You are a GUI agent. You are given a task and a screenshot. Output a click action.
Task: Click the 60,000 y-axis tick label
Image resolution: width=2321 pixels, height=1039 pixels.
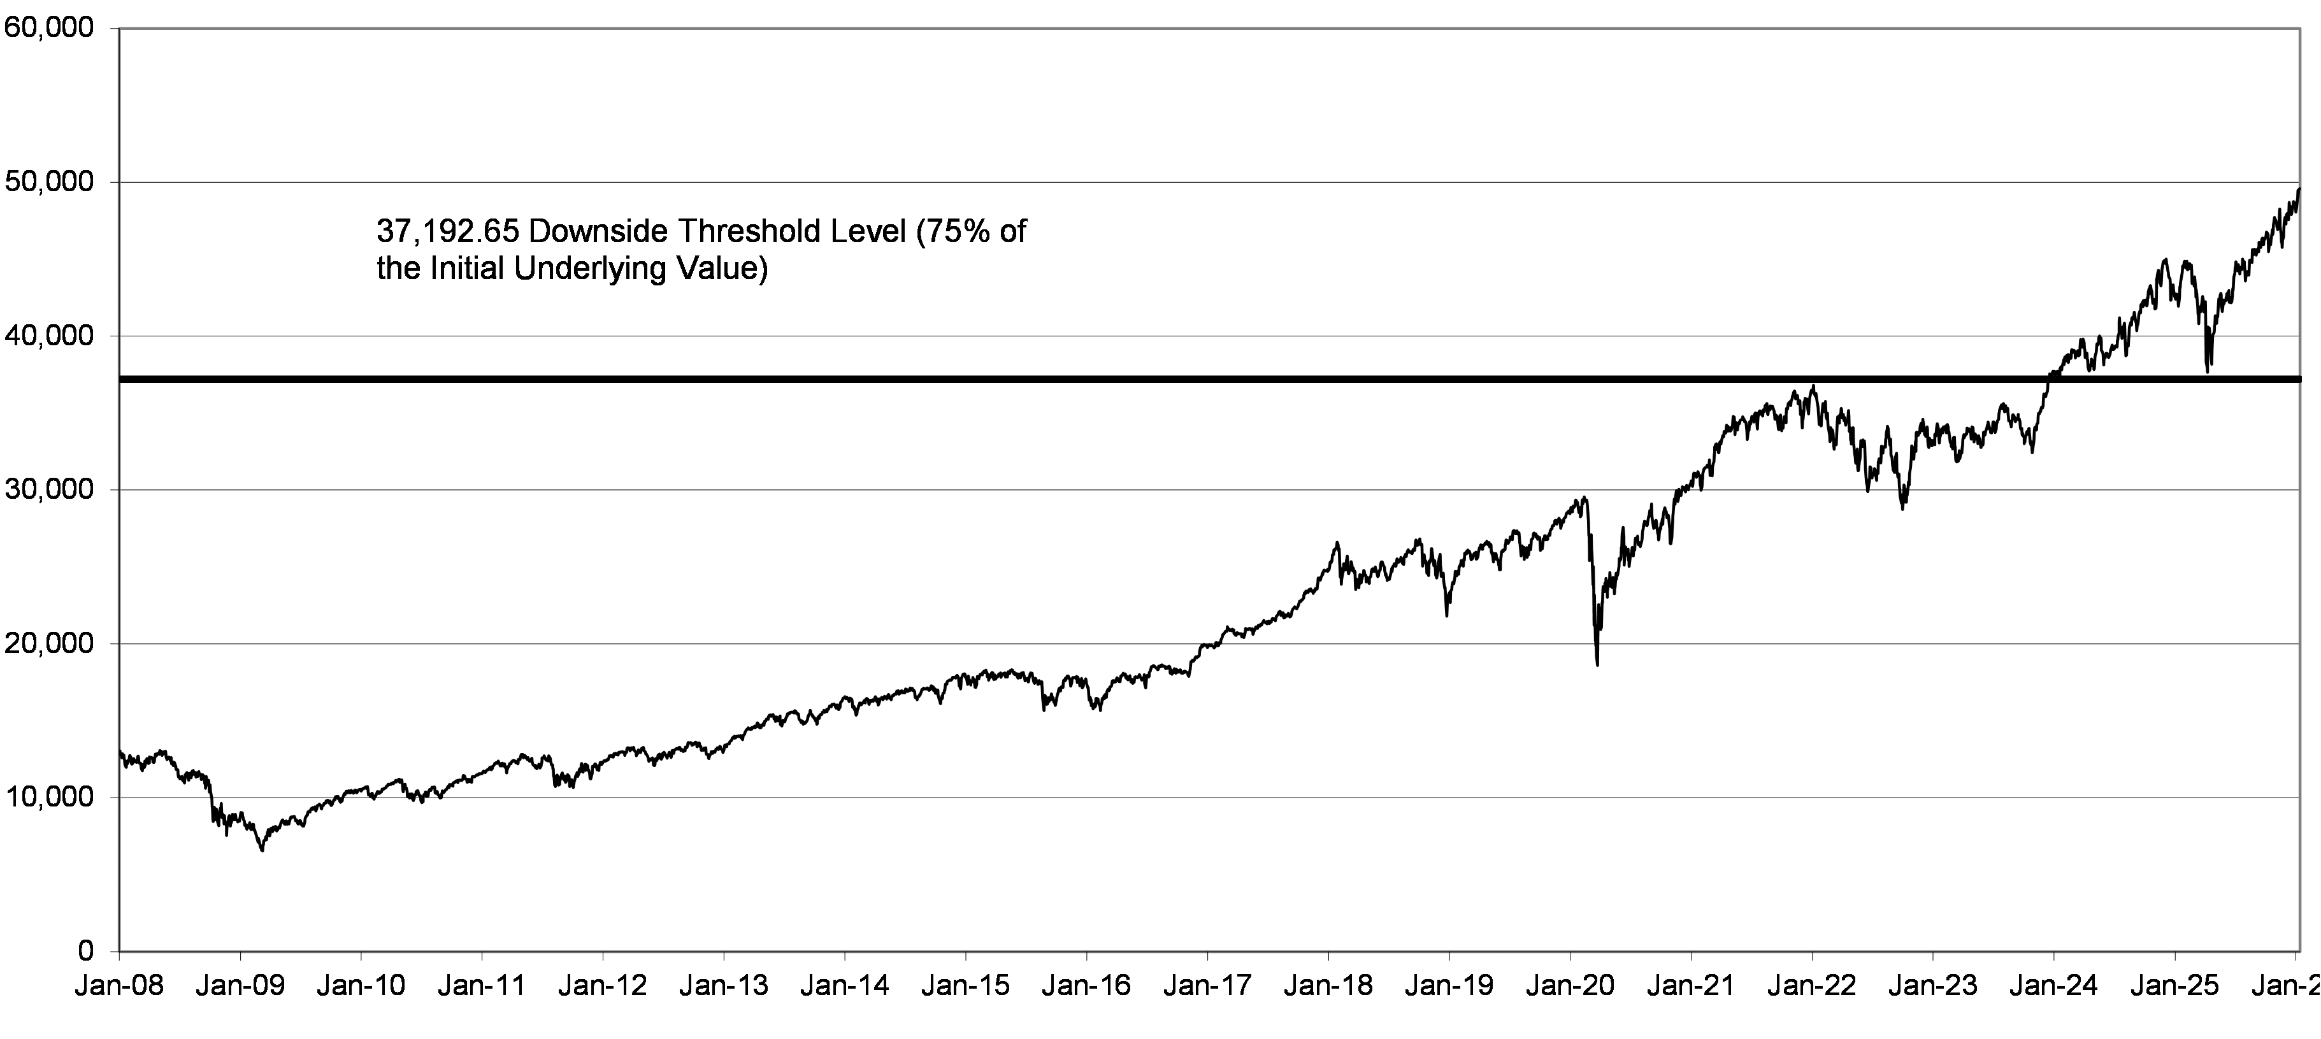[48, 29]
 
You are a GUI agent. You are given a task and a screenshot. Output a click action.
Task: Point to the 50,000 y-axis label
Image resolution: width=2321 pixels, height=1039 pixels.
[48, 182]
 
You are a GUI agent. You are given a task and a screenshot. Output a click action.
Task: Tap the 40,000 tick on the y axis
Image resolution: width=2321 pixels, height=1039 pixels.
[48, 336]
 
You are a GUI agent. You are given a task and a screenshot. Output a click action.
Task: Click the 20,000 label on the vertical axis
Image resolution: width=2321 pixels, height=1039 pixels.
[48, 643]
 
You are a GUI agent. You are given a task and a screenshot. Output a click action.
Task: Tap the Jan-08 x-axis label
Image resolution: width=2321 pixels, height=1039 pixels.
[120, 986]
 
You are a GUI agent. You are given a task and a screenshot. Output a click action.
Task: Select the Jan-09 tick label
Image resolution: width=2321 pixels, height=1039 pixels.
[241, 986]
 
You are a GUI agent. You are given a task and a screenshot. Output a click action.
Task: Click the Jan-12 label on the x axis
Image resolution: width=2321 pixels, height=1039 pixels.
[603, 986]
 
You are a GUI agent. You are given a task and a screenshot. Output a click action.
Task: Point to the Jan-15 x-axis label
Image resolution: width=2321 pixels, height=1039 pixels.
[966, 986]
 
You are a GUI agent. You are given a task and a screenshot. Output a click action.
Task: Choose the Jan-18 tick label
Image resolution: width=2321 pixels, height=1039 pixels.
[1328, 986]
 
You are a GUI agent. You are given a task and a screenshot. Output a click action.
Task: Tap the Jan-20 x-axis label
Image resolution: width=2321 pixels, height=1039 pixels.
[1570, 986]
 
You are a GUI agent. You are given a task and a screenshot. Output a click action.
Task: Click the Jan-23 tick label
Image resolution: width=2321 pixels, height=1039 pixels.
[1932, 986]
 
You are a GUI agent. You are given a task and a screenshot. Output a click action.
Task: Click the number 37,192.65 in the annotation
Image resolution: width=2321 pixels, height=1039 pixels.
[448, 233]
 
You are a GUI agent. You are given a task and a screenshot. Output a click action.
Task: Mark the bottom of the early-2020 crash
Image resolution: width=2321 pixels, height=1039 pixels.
[1597, 665]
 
